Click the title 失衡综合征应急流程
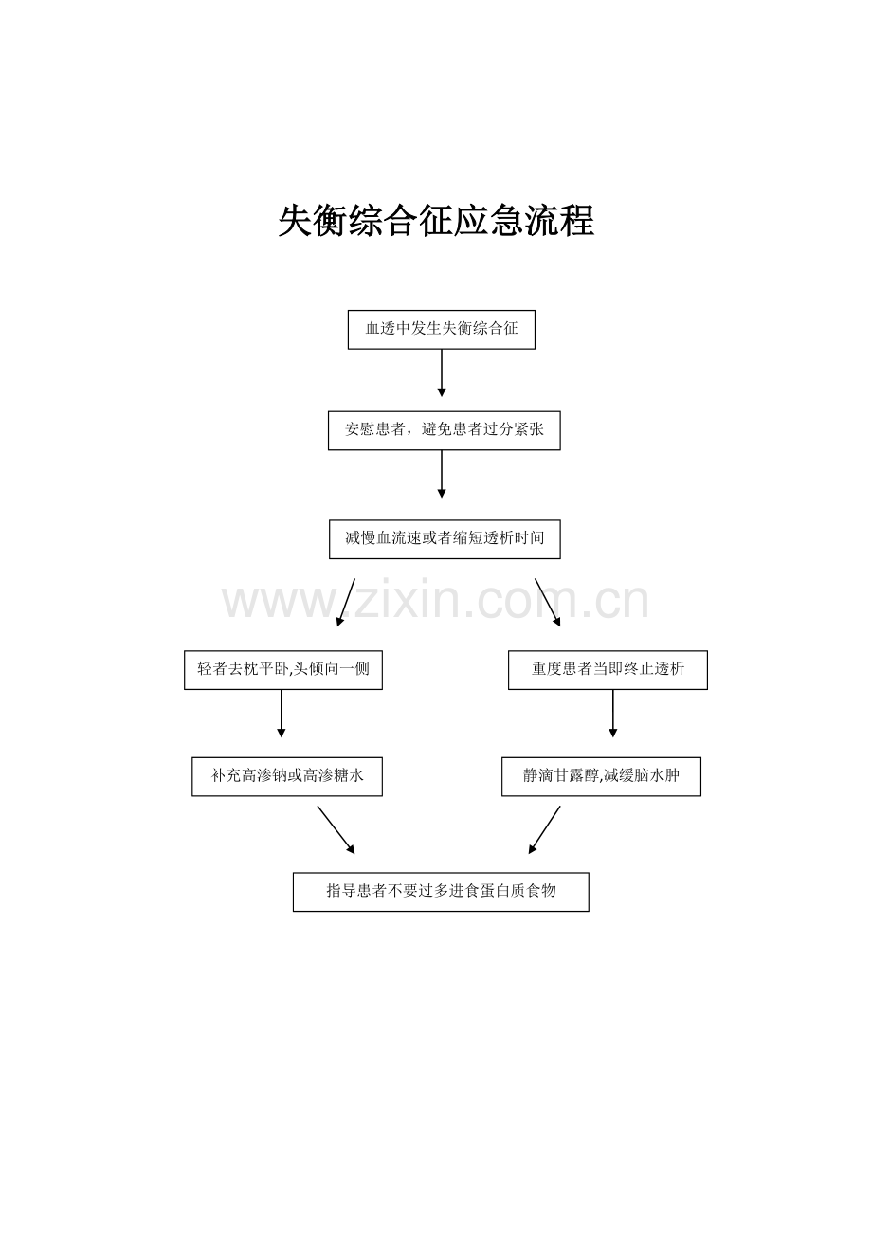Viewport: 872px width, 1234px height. [436, 221]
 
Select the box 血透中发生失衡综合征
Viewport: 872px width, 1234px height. [442, 330]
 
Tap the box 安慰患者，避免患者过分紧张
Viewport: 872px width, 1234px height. [444, 430]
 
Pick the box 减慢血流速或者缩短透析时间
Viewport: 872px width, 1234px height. [445, 538]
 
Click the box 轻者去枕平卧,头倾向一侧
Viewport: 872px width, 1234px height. [283, 670]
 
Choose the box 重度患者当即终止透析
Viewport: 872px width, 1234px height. [608, 670]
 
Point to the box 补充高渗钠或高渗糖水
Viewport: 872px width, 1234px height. [287, 776]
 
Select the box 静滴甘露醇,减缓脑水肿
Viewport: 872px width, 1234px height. [601, 776]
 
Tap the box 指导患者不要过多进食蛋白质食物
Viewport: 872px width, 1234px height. [441, 891]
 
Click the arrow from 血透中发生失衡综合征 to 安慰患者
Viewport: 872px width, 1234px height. [442, 373]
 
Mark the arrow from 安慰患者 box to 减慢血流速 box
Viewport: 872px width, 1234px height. [442, 474]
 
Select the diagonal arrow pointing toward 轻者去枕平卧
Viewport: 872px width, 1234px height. [346, 602]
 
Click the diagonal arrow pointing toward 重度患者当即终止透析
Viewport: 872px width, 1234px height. [548, 602]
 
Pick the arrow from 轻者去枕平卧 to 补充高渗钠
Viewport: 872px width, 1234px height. [281, 714]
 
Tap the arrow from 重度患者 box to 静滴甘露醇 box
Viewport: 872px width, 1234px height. [612, 714]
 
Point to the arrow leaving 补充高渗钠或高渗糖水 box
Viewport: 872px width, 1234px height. [336, 829]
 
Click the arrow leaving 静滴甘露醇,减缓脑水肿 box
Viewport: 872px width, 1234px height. [544, 829]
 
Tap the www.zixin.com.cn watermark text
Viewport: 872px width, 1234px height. [435, 601]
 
